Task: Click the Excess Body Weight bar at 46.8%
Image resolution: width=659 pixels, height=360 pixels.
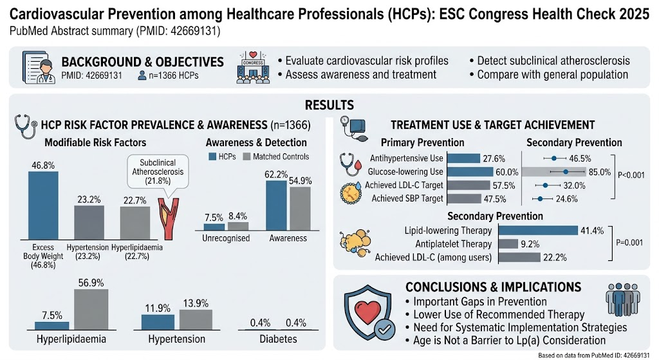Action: tap(43, 205)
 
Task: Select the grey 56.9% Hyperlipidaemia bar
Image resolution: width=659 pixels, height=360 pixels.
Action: tap(91, 310)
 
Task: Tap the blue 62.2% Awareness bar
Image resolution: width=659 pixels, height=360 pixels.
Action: tap(276, 205)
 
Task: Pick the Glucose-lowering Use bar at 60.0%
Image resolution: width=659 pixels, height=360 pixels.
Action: tap(470, 172)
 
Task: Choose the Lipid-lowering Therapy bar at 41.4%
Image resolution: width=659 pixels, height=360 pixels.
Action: tap(538, 231)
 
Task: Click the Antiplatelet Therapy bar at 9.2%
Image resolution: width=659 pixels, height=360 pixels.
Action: tap(508, 244)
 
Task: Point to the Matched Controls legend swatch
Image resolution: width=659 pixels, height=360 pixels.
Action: tap(246, 157)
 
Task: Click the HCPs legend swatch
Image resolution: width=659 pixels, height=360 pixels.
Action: tap(212, 157)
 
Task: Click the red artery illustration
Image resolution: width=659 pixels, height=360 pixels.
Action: tap(169, 219)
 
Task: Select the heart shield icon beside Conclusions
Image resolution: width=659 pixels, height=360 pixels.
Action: tap(369, 312)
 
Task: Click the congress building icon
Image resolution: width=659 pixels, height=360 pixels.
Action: tap(254, 68)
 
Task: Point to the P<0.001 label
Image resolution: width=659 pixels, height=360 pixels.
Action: tap(631, 175)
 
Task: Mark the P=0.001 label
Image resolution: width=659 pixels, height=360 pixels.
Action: tap(629, 243)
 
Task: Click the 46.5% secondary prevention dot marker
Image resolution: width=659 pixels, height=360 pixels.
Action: tap(554, 158)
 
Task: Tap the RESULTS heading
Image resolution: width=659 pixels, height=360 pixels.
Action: tap(329, 105)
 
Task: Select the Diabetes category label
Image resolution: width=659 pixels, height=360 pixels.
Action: tap(278, 339)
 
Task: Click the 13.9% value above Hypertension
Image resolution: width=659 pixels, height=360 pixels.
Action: tap(196, 303)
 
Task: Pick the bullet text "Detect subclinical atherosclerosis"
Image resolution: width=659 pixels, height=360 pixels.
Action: tap(550, 61)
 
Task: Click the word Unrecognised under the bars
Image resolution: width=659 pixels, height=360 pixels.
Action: tap(226, 238)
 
